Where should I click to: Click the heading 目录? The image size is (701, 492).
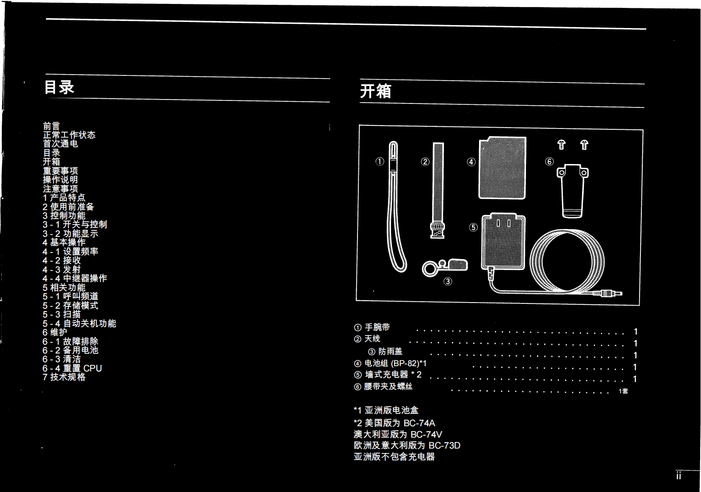click(59, 87)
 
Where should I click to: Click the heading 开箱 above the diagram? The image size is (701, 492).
click(376, 91)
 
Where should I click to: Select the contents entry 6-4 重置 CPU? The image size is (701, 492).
click(72, 368)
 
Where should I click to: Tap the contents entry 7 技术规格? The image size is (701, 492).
click(64, 377)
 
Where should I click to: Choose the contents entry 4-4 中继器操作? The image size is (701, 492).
click(75, 278)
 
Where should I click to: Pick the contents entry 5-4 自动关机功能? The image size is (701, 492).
click(79, 324)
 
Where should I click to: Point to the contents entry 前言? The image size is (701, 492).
click(51, 126)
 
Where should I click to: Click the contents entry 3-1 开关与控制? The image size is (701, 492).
click(75, 225)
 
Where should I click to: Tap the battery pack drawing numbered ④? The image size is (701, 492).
click(502, 168)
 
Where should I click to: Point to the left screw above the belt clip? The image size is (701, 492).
click(561, 144)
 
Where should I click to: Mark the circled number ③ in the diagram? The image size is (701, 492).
click(447, 282)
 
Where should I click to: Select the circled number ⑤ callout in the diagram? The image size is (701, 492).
click(473, 227)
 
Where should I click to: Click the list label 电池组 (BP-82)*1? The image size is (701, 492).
click(390, 364)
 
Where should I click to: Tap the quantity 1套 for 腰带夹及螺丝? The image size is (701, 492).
click(623, 391)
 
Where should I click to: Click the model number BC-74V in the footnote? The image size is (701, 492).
click(426, 435)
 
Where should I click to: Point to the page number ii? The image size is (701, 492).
click(679, 476)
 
